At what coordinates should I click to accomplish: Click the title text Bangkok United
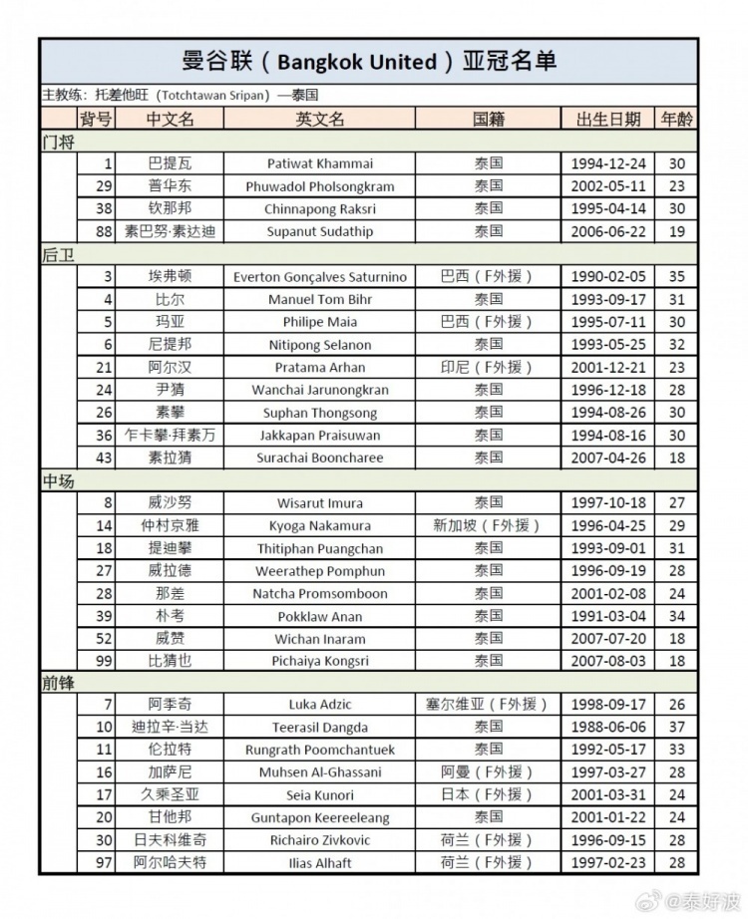tap(357, 62)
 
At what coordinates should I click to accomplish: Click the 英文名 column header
tap(320, 119)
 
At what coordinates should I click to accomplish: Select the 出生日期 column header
tap(608, 119)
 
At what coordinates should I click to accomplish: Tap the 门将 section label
tap(59, 142)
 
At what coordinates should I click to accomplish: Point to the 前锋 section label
tap(59, 683)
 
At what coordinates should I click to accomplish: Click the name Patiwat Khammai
tap(320, 163)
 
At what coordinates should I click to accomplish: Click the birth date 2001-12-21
tap(608, 368)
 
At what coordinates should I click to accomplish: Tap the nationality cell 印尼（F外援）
tap(488, 368)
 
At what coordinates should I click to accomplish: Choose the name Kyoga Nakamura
tap(320, 525)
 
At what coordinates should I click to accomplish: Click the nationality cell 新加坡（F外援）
tap(488, 525)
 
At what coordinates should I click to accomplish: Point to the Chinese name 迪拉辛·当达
tap(170, 728)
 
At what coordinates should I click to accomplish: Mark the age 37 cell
tap(675, 728)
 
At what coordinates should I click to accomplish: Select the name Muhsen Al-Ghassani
tap(320, 772)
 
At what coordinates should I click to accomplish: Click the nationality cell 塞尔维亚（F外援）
tap(488, 705)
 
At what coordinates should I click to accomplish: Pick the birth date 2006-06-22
tap(608, 231)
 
